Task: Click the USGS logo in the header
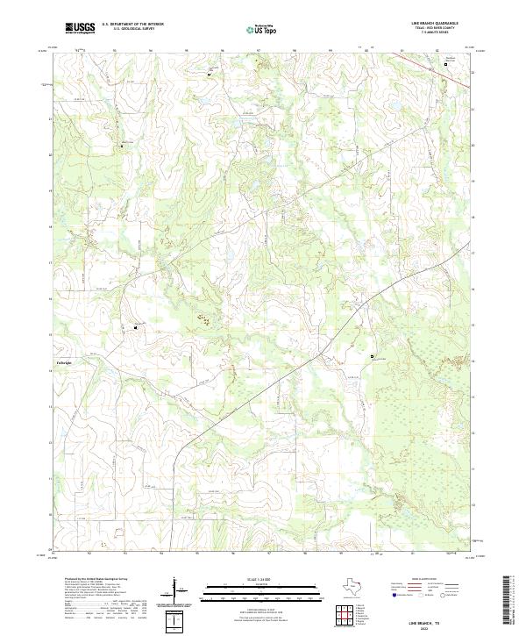coord(80,28)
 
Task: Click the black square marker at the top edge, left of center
coord(210,75)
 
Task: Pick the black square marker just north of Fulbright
coord(136,327)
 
